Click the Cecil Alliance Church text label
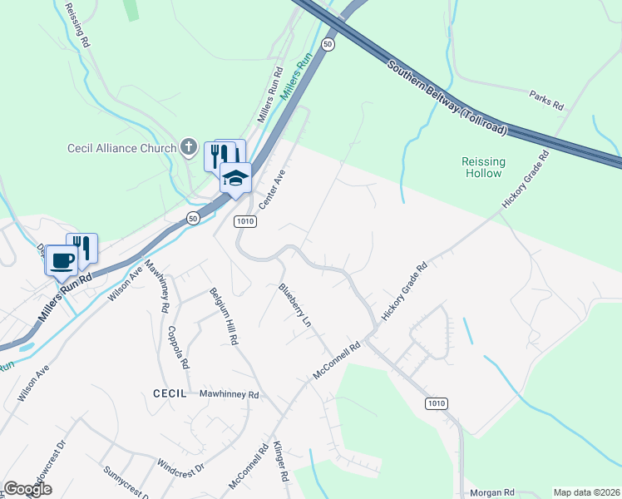click(x=121, y=149)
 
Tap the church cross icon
click(x=189, y=149)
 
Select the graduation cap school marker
click(x=235, y=176)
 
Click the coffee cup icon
click(x=62, y=259)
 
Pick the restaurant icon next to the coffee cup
click(x=83, y=247)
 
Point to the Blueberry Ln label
click(x=295, y=304)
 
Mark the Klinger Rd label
click(x=280, y=463)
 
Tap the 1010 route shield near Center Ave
click(x=245, y=222)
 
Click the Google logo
click(x=27, y=489)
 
